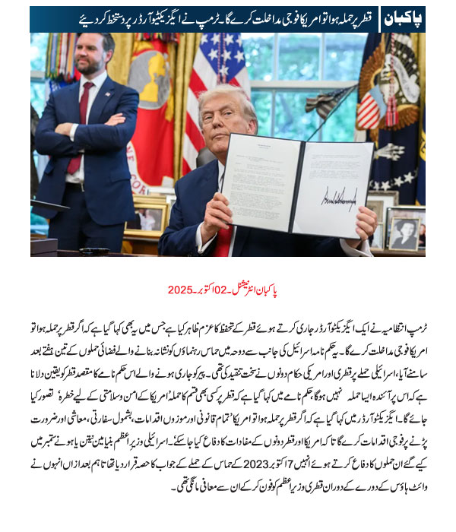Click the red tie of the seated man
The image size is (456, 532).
pyautogui.click(x=223, y=241)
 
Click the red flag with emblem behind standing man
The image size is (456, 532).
pyautogui.click(x=152, y=106)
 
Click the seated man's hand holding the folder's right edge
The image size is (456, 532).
pyautogui.click(x=366, y=222)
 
